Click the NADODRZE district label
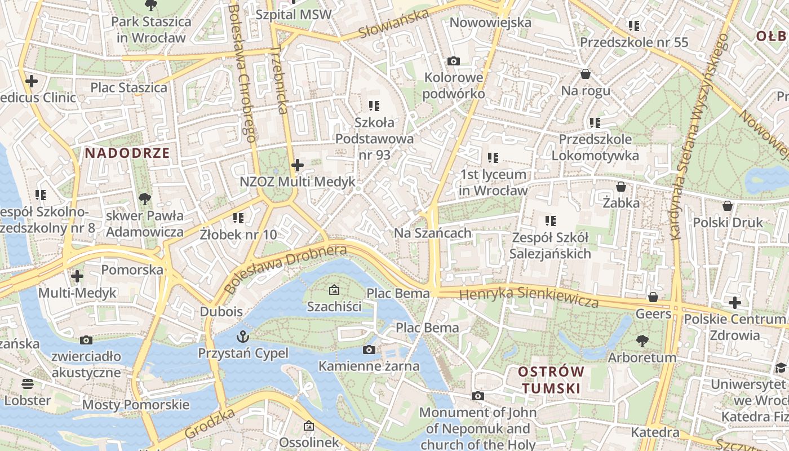coord(127,153)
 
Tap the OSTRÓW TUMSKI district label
coord(551,379)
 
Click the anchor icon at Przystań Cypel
coord(243,337)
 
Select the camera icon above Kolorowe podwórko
coord(454,61)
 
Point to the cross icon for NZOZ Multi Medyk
coord(298,165)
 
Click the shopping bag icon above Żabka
coord(621,186)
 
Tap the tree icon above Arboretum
coord(642,341)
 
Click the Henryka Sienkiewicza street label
coord(529,297)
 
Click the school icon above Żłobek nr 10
coord(238,217)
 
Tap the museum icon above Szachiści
coord(334,290)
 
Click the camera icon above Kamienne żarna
coord(369,350)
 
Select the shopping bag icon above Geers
coord(653,297)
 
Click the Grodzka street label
coord(202,424)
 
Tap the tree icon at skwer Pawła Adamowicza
coord(145,198)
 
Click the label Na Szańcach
coord(432,233)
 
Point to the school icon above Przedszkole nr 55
coord(634,26)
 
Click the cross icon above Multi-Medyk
coord(77,276)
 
